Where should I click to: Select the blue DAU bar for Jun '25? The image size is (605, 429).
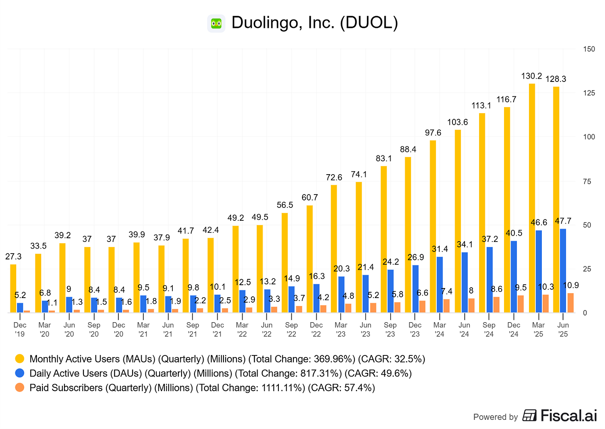(x=563, y=271)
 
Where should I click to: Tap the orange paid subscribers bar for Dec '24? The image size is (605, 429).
(x=521, y=304)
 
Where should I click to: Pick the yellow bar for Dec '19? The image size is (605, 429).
(x=13, y=288)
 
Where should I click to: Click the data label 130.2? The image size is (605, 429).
(x=532, y=76)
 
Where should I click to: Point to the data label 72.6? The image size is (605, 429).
(x=334, y=178)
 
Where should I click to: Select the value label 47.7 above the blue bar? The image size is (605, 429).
(x=563, y=221)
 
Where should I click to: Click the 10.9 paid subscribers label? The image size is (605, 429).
(x=571, y=286)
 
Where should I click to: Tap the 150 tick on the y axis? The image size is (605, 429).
(x=589, y=49)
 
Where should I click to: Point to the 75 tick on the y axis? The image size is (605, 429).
(x=587, y=181)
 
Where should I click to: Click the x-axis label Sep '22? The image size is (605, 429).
(x=291, y=329)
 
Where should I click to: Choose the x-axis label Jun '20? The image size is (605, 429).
(x=69, y=329)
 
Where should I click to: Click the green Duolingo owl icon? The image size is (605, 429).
(x=216, y=23)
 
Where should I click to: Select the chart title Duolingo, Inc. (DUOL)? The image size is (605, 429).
(x=315, y=23)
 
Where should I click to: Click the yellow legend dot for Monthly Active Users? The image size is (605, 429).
(x=20, y=359)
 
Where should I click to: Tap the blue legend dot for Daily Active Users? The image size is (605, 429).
(x=20, y=373)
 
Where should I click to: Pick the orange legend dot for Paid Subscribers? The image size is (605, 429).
(x=20, y=387)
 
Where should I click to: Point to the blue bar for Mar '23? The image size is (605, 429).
(x=341, y=294)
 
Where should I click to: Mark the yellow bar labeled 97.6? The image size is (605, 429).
(x=433, y=227)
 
